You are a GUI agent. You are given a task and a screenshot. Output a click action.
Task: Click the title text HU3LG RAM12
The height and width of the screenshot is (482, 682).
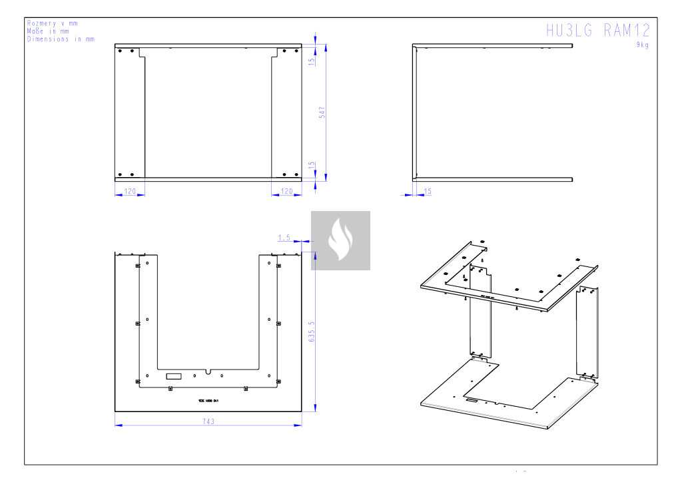pyautogui.click(x=597, y=31)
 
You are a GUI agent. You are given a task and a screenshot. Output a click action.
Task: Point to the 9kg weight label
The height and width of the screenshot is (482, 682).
pyautogui.click(x=642, y=45)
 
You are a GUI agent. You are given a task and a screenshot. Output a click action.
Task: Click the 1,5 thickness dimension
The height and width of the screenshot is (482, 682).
pyautogui.click(x=284, y=237)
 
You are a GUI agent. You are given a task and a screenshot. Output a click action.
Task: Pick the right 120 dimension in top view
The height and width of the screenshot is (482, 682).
pyautogui.click(x=286, y=191)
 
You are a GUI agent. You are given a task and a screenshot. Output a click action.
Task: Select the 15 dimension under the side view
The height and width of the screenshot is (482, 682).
pyautogui.click(x=427, y=191)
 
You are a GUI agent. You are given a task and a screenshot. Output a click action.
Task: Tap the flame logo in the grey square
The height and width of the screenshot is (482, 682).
pyautogui.click(x=340, y=240)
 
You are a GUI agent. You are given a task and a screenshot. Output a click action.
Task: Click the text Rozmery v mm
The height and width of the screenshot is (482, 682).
pyautogui.click(x=52, y=23)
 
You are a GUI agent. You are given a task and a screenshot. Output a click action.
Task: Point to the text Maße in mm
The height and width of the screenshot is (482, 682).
pyautogui.click(x=48, y=31)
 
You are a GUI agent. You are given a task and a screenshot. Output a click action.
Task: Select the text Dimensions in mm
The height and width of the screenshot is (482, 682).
pyautogui.click(x=61, y=39)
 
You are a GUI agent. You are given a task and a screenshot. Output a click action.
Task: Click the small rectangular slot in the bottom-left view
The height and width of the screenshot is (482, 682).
pyautogui.click(x=173, y=376)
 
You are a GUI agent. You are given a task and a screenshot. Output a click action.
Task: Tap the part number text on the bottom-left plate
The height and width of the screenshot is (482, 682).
pyautogui.click(x=208, y=401)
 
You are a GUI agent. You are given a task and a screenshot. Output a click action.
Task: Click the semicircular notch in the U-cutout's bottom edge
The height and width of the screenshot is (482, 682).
pyautogui.click(x=208, y=371)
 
